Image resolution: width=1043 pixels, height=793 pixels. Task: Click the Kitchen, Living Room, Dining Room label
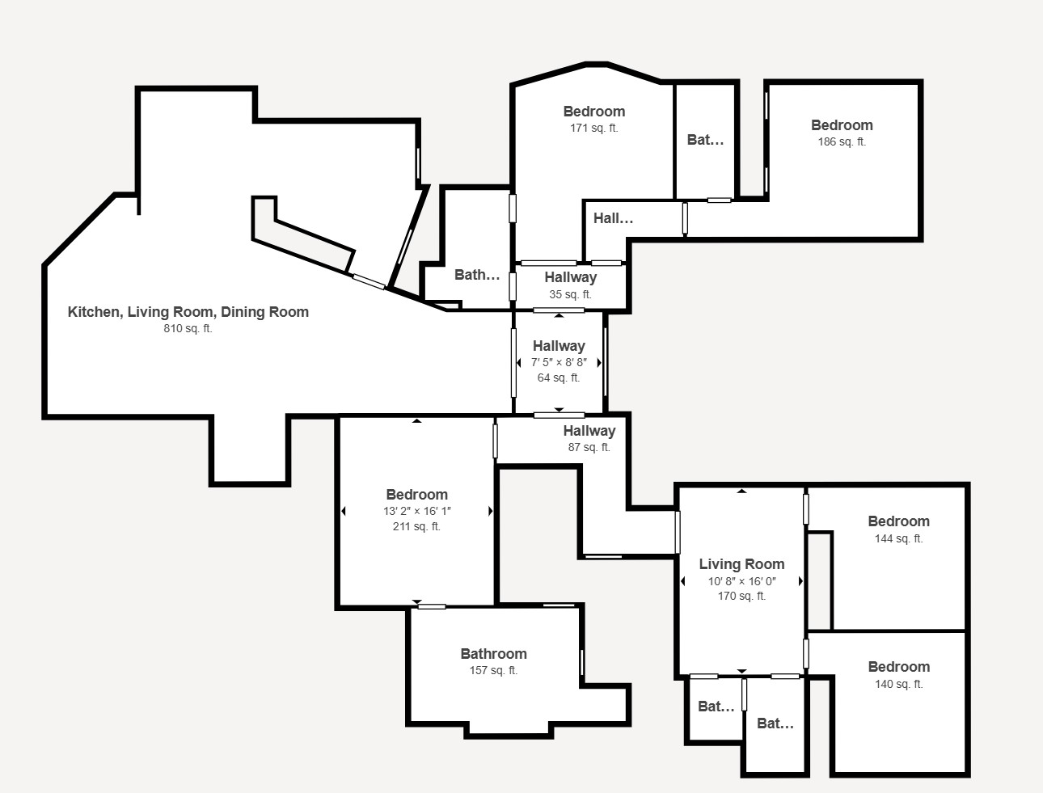188,312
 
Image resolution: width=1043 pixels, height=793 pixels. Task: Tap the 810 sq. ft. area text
188,329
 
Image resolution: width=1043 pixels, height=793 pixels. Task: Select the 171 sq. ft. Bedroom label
593,112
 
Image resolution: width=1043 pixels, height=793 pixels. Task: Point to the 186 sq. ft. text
841,142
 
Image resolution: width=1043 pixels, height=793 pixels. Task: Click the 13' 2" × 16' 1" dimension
416,511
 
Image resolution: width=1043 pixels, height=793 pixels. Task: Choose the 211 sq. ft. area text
416,527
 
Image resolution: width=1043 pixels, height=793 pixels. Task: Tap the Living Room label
741,564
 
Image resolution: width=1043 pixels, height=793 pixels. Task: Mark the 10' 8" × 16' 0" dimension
741,581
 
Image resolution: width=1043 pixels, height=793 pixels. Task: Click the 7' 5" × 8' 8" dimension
558,363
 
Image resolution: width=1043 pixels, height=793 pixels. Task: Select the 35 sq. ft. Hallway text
570,295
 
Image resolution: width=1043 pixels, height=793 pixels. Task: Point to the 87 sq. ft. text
589,448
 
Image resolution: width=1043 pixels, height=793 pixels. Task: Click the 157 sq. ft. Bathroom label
493,654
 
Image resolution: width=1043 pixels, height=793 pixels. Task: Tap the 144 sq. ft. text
898,539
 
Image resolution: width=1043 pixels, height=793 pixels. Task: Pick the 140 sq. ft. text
898,685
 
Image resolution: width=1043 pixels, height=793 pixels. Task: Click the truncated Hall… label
613,218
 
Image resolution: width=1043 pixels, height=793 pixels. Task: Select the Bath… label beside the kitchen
477,275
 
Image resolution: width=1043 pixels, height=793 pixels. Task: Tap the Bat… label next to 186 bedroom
705,140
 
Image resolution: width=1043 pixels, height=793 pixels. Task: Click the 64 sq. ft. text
558,378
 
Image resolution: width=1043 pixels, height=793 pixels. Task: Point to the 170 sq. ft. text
741,597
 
